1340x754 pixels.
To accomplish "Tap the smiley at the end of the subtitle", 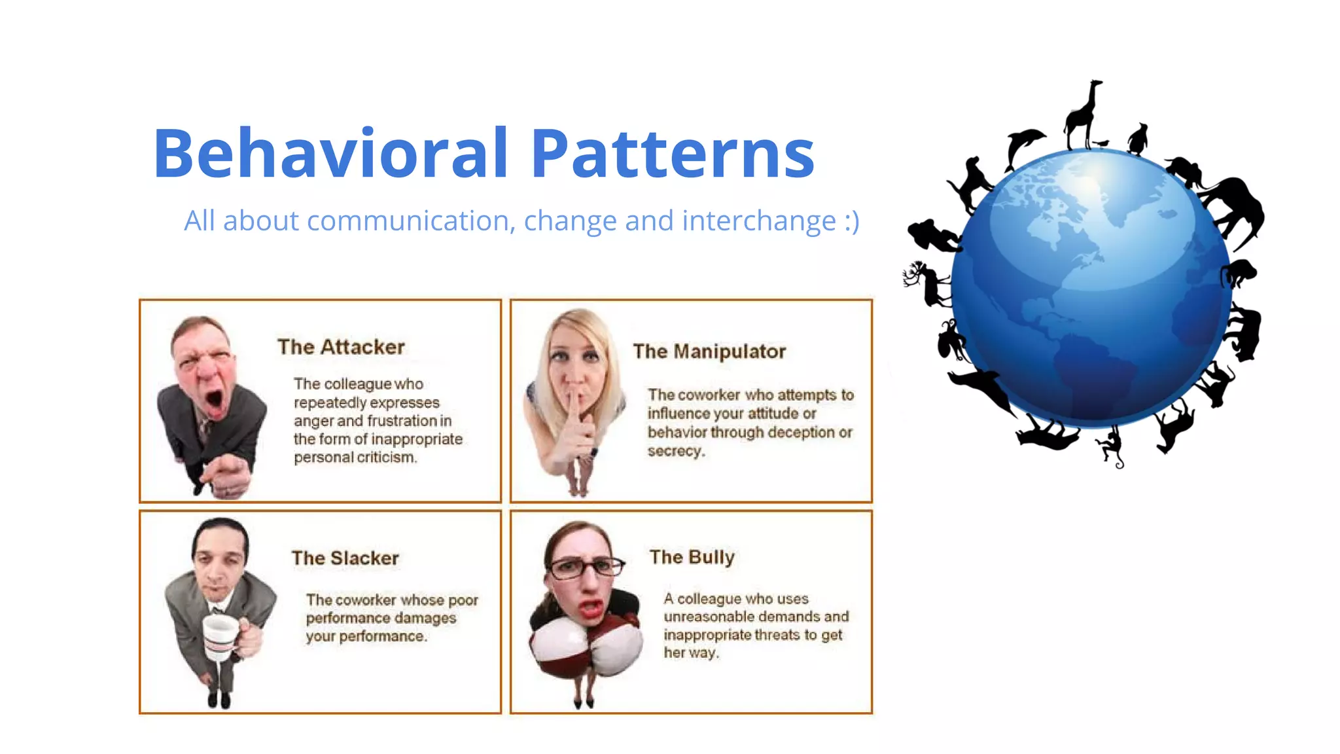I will coord(851,221).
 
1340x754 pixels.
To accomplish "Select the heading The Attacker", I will coord(341,347).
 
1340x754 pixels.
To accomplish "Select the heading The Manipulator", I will coord(709,351).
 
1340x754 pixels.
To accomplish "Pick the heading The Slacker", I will coord(345,558).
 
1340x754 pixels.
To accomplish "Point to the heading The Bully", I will coord(692,557).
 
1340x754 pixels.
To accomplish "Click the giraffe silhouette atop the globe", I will coord(1083,115).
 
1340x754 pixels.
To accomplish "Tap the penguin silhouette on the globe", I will coord(1138,139).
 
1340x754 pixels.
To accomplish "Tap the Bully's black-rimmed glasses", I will coord(584,567).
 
